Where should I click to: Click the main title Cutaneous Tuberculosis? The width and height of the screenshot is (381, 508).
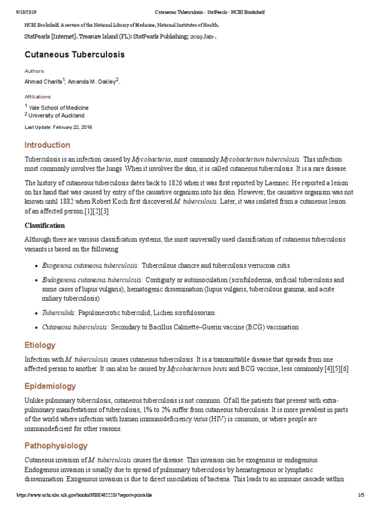pos(74,54)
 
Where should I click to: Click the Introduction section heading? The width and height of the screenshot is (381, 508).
pos(47,145)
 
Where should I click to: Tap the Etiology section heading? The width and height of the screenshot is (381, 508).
pos(40,345)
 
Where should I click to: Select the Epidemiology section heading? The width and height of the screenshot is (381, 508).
pos(50,386)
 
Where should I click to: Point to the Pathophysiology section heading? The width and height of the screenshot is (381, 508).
pos(56,445)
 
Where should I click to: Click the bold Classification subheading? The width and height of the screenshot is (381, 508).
pos(45,225)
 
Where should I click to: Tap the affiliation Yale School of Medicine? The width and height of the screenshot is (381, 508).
pos(59,108)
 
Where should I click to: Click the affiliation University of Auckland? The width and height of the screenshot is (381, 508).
pos(56,116)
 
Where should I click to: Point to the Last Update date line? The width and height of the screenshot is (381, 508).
pos(59,127)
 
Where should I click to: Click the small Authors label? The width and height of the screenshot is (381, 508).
pos(34,71)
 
